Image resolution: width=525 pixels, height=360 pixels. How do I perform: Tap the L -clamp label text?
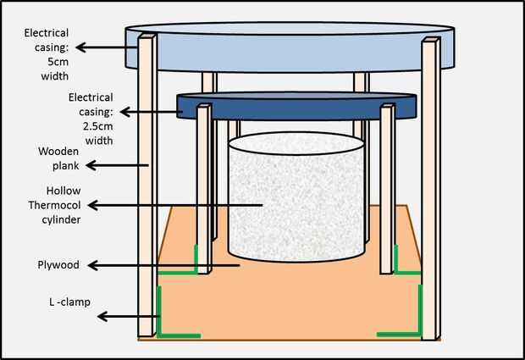pos(69,302)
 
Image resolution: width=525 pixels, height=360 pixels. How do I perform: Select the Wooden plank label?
pos(58,158)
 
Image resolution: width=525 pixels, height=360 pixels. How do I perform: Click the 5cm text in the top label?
pos(58,62)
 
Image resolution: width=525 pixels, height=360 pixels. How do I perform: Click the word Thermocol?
pos(54,205)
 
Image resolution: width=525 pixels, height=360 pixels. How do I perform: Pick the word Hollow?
pos(64,191)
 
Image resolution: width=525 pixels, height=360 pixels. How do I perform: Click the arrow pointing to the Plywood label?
pos(163,266)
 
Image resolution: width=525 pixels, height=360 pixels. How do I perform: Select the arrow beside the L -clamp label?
pos(128,316)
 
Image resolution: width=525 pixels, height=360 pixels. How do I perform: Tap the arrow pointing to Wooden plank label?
pos(117,165)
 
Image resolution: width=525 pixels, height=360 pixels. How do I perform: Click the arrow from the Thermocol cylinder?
pos(175,205)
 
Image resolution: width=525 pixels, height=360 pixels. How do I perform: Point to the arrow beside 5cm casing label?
pos(107,47)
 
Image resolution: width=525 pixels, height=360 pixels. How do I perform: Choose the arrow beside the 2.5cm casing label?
pos(149,112)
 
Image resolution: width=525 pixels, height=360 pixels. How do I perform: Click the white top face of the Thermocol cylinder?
pos(296,143)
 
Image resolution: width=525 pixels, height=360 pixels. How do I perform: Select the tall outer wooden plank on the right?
pos(430,189)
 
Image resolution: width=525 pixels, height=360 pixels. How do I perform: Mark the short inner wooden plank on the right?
pos(387,189)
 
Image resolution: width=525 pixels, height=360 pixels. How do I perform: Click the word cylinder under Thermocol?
pos(61,219)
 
